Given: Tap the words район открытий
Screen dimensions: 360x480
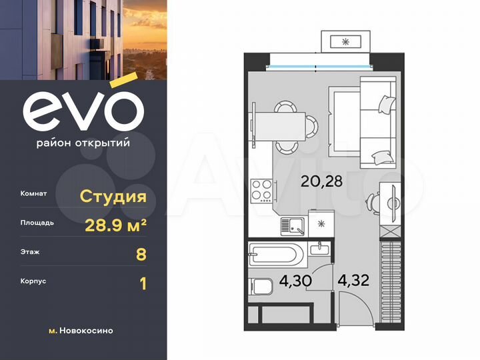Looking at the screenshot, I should click(83, 142).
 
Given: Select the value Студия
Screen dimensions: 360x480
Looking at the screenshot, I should click(113, 196).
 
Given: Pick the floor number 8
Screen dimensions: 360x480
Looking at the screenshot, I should click(141, 254).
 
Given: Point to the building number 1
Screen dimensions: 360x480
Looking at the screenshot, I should click(142, 284).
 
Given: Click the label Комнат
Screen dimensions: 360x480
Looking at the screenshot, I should click(34, 194).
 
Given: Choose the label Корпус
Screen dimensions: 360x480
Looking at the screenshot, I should click(33, 281).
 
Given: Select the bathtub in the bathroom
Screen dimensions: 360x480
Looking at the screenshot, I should click(277, 255).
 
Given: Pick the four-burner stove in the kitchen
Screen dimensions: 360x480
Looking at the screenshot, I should click(261, 191).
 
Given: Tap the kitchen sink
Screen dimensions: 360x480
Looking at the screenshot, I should click(293, 226).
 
